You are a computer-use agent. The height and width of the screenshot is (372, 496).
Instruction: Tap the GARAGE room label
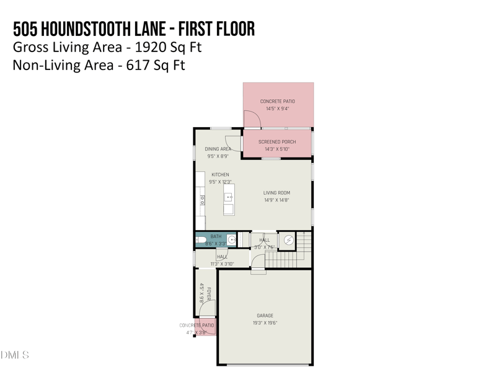(265, 316)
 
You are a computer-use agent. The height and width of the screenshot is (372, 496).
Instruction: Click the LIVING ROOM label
(277, 193)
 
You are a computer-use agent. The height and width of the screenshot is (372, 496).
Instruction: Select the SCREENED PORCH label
(277, 142)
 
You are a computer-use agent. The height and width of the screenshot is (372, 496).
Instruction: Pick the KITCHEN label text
(220, 175)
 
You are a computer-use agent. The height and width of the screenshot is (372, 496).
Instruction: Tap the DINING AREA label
(218, 149)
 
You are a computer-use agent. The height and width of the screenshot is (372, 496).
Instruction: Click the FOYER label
(209, 294)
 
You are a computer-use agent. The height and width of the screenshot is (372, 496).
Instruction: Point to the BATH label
(216, 236)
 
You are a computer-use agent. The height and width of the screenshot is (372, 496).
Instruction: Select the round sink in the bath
(231, 239)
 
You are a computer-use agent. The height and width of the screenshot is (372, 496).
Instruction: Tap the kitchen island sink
(229, 197)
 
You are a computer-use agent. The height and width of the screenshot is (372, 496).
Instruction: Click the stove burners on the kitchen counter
(201, 200)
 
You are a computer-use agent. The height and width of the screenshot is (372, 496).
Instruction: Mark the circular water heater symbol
(288, 239)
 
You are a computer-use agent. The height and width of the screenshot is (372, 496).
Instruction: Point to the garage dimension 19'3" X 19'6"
(265, 323)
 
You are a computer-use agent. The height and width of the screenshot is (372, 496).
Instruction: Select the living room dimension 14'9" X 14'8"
(277, 200)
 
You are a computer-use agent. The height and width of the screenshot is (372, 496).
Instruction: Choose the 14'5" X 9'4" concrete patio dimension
(277, 108)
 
